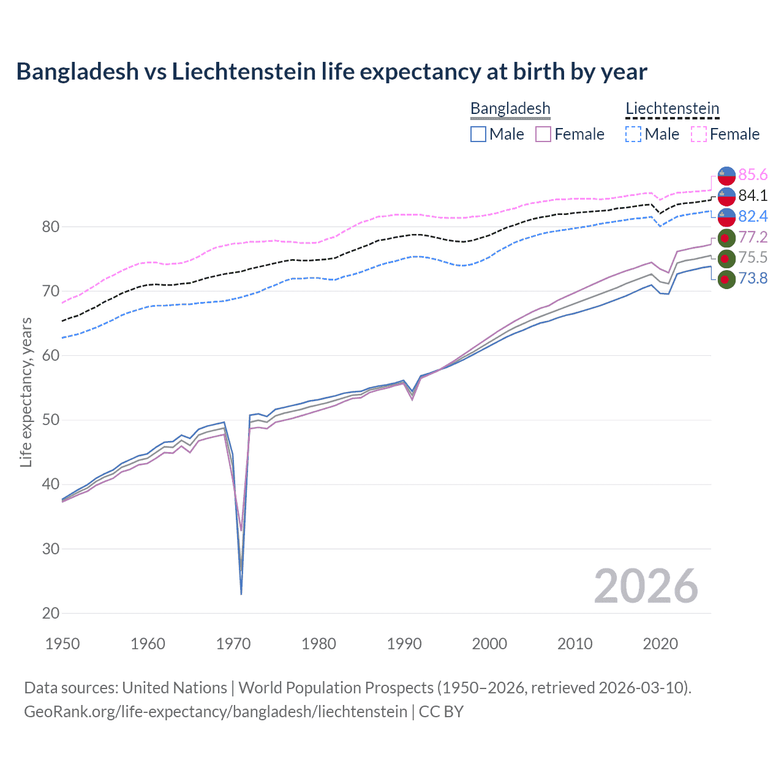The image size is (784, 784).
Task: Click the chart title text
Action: click(x=331, y=72)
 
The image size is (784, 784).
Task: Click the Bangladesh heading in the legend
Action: click(x=510, y=108)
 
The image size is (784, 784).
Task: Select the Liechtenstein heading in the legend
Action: click(x=672, y=108)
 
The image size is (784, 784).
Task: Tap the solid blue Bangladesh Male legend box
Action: click(x=478, y=134)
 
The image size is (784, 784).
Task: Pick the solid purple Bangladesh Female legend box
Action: click(x=543, y=134)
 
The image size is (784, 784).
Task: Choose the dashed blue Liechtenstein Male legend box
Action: click(x=633, y=134)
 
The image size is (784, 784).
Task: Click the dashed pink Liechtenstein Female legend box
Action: click(x=699, y=134)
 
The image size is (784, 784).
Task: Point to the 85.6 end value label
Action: click(x=753, y=175)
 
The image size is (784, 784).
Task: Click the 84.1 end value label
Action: click(x=753, y=196)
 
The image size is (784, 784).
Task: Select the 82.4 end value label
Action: click(x=753, y=216)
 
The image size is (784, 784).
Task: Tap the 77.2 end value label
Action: click(x=753, y=237)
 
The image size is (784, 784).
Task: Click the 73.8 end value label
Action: click(x=753, y=279)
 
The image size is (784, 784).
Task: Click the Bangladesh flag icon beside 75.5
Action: click(x=726, y=258)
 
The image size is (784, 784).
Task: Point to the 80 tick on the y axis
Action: click(x=51, y=227)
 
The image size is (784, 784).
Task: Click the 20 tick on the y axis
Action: click(x=51, y=613)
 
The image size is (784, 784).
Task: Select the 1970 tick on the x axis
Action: click(x=233, y=644)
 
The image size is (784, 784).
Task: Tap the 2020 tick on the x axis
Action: click(x=660, y=644)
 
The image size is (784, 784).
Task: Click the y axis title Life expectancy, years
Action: click(x=26, y=392)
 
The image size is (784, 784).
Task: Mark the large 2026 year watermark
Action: click(x=646, y=586)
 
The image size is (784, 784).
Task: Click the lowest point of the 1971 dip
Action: click(x=241, y=594)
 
